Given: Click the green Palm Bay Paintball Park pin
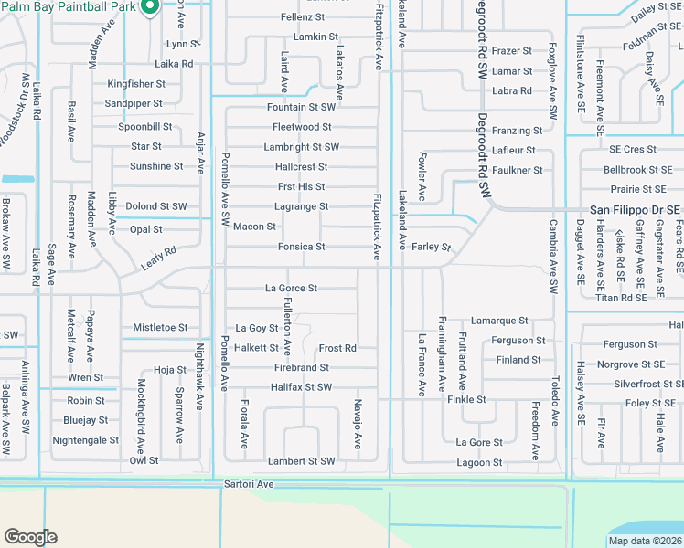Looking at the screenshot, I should click(152, 6).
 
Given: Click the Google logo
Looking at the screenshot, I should click(30, 537).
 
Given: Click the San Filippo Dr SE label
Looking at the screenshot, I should click(634, 209).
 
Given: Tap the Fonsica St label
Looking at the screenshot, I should click(302, 247).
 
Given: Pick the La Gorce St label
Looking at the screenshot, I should click(291, 288).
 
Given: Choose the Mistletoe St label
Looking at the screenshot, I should click(160, 327).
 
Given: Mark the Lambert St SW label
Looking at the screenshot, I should click(301, 461).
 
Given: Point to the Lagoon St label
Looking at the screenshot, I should click(479, 463).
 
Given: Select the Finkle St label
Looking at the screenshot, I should click(466, 400).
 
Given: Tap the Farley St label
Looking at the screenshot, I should click(432, 247).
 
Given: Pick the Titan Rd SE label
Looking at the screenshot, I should click(620, 298).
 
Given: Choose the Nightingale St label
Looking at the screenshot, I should click(86, 440).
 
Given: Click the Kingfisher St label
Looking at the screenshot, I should click(135, 83).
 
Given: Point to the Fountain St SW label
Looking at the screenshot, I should click(301, 107).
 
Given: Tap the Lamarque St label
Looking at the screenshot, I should click(499, 321).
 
